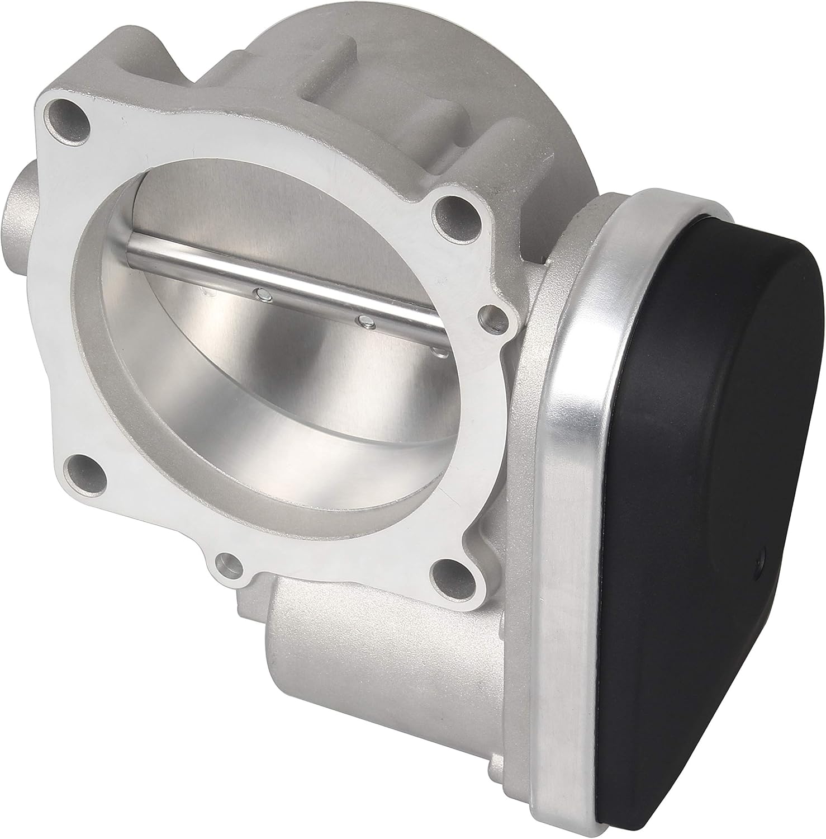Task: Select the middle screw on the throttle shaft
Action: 365,322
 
